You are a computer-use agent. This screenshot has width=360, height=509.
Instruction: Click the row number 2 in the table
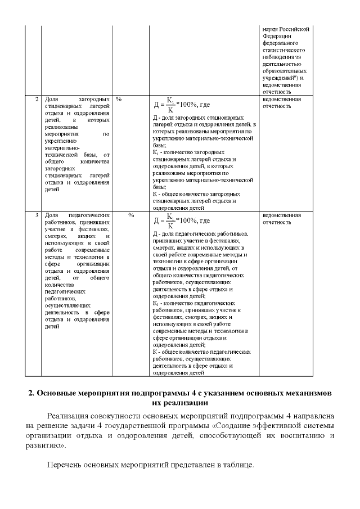pyautogui.click(x=37, y=99)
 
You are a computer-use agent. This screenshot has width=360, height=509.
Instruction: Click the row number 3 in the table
pyautogui.click(x=37, y=215)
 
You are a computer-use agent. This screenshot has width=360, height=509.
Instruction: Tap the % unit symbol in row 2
pyautogui.click(x=119, y=99)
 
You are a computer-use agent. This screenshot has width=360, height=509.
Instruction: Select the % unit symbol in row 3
pyautogui.click(x=130, y=215)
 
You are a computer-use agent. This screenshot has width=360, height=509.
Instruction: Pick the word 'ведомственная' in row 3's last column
pyautogui.click(x=281, y=215)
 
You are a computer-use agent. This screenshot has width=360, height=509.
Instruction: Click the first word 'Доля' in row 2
pyautogui.click(x=51, y=99)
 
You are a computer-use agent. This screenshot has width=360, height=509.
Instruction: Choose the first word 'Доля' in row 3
pyautogui.click(x=51, y=215)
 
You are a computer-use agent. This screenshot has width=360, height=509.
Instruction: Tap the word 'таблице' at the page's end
pyautogui.click(x=240, y=466)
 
